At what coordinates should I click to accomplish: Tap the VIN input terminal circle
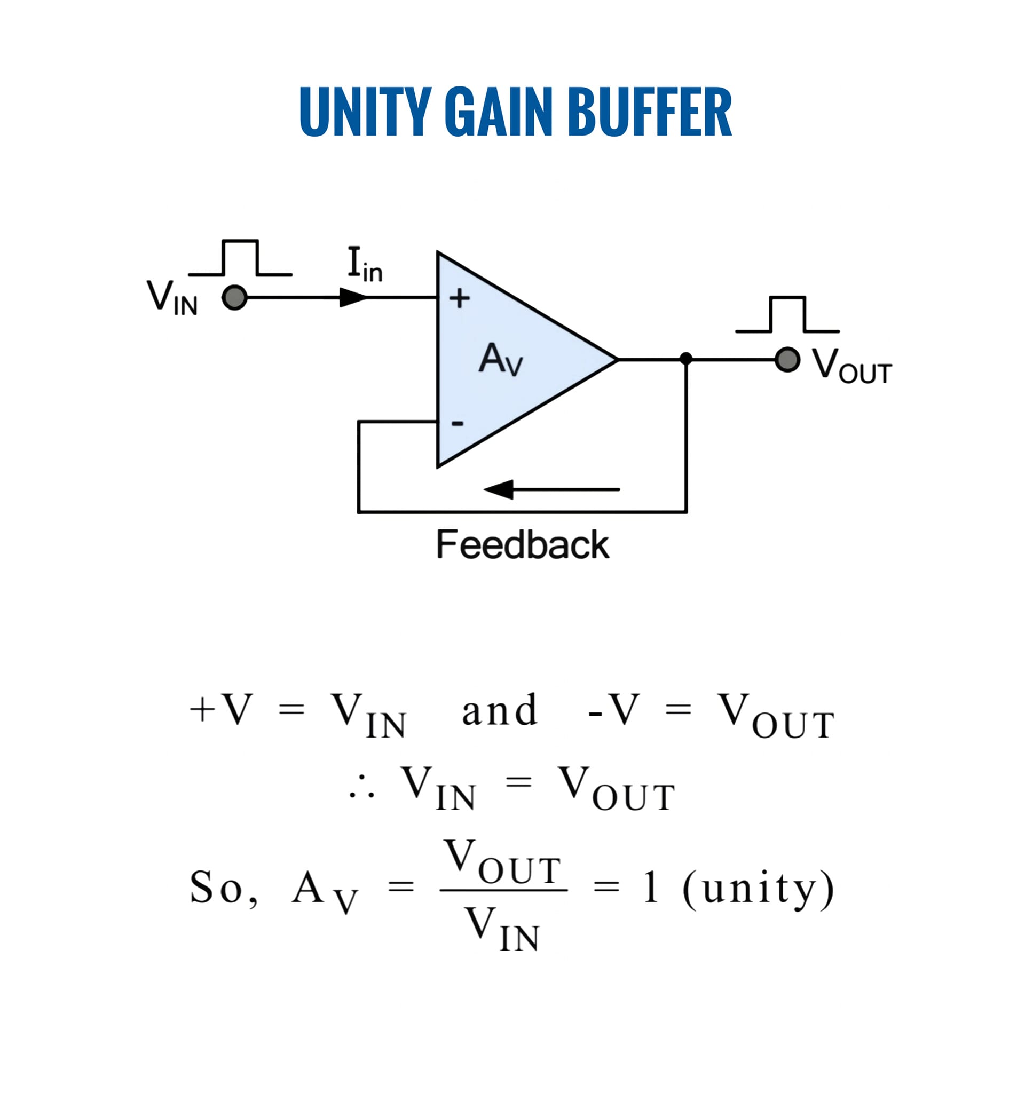234,298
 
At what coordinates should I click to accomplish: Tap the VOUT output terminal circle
787,360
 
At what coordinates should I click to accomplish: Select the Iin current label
365,265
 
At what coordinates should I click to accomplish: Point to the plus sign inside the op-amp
459,298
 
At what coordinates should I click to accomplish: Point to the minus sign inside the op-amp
458,423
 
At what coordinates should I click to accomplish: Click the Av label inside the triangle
501,359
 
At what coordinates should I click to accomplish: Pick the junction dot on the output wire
686,359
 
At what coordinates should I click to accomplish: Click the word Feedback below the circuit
523,545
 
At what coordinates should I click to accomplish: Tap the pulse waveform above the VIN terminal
240,258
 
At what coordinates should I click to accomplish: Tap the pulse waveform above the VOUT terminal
787,315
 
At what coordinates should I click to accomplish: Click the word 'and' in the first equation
500,710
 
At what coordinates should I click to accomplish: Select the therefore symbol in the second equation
362,788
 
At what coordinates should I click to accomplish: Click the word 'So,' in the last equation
224,888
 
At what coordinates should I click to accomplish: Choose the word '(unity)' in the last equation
758,889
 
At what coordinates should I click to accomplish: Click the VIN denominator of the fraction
502,930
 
